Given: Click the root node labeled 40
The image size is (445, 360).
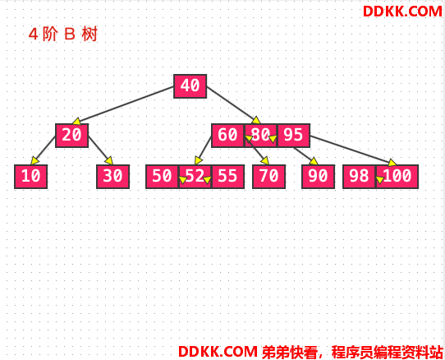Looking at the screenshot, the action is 190,86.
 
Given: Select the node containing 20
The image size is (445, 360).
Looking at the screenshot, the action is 71,136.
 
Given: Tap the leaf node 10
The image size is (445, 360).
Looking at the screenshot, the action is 31,176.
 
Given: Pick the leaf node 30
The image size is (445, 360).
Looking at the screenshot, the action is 113,176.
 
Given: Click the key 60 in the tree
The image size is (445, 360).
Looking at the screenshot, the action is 227,136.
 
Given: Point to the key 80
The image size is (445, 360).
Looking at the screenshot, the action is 260,136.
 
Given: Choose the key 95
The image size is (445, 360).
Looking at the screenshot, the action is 293,136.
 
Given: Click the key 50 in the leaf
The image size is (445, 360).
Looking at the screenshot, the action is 162,176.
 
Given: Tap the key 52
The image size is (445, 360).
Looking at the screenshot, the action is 195,176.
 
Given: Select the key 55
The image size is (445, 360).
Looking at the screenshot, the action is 228,176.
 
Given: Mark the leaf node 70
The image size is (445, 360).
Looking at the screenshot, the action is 268,176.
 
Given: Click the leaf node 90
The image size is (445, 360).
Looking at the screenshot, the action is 318,176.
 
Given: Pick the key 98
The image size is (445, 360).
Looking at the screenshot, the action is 360,176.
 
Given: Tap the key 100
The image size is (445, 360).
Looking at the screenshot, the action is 397,176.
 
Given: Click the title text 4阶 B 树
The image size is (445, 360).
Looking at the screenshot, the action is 63,34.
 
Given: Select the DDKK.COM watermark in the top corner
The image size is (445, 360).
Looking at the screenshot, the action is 402,12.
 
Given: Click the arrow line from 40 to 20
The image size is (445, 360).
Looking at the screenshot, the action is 123,105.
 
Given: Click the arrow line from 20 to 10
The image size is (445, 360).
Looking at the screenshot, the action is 44,150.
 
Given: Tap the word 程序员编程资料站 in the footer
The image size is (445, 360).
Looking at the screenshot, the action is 387,352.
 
